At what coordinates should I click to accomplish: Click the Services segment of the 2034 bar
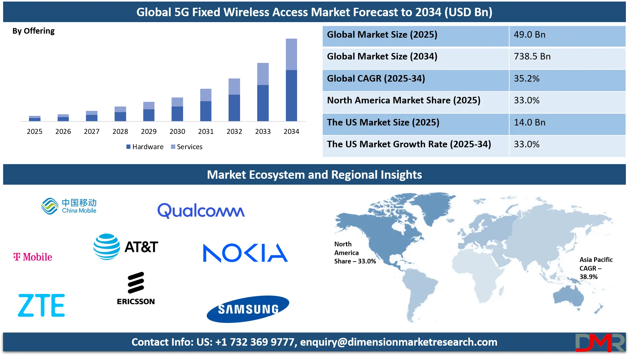[x=291, y=54]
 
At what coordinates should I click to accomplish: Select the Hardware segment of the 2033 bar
[x=263, y=103]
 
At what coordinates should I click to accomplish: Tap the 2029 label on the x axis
[x=149, y=131]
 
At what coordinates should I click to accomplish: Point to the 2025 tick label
[x=35, y=131]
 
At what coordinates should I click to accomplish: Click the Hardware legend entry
[x=145, y=147]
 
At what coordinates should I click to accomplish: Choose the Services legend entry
[x=187, y=147]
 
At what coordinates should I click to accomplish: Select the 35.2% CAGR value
[x=527, y=78]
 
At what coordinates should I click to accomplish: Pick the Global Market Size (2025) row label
[x=382, y=35]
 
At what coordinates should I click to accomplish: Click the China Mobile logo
[x=69, y=206]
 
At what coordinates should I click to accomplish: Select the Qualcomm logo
[x=201, y=211]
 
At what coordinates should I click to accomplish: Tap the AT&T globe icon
[x=106, y=247]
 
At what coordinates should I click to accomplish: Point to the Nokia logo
[x=245, y=253]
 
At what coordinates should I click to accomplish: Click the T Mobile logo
[x=33, y=257]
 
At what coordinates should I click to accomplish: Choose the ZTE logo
[x=41, y=305]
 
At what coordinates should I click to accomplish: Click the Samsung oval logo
[x=248, y=309]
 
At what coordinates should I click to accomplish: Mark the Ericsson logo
[x=136, y=288]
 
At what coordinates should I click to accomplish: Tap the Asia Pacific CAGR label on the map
[x=596, y=268]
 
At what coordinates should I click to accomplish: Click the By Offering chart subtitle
[x=33, y=31]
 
